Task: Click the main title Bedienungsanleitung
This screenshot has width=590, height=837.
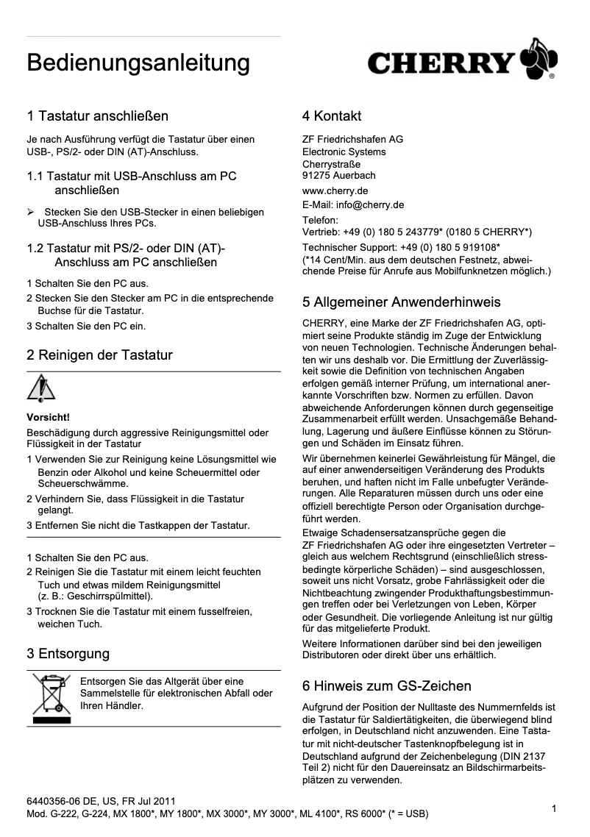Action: click(x=138, y=63)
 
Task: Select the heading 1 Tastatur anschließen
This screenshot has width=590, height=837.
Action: click(x=98, y=116)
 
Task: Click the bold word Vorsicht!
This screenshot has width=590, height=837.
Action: click(x=48, y=417)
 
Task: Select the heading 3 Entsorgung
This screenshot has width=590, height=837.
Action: click(x=68, y=654)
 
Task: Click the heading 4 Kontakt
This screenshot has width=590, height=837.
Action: click(x=332, y=116)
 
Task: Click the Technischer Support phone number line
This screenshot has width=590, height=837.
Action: click(x=402, y=246)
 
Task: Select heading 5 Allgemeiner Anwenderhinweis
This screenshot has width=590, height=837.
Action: click(x=402, y=302)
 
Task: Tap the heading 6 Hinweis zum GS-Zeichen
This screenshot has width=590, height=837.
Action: click(x=387, y=686)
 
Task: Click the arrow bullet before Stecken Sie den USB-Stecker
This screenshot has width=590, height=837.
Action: click(x=31, y=213)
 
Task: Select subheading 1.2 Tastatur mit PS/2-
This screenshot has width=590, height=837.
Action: click(x=126, y=248)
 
